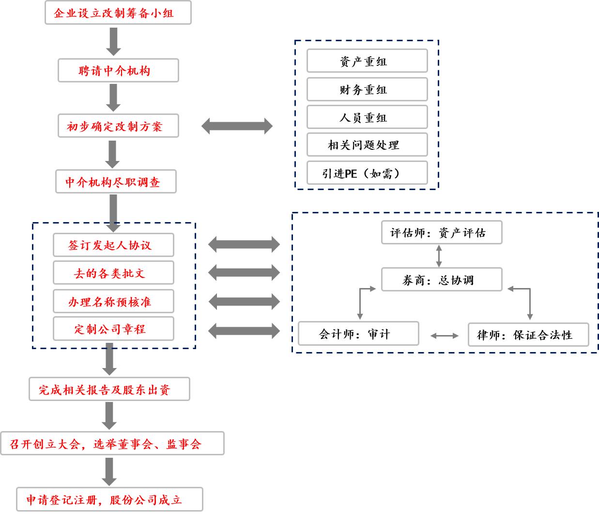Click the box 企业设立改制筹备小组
[x=118, y=13]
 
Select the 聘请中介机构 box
[x=118, y=71]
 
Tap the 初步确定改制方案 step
[x=118, y=127]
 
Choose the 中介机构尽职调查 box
[x=116, y=182]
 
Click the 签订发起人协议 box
[x=113, y=245]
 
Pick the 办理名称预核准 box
[x=113, y=302]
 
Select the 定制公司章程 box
[x=113, y=329]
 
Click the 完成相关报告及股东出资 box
[x=109, y=389]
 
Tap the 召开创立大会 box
[x=112, y=444]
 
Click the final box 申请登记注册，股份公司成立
[x=109, y=500]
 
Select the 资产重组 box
[x=367, y=62]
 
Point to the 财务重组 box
[x=367, y=90]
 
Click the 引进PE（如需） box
[x=367, y=173]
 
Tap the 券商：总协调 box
[x=441, y=280]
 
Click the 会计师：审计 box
[x=358, y=334]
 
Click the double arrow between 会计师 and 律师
[x=444, y=336]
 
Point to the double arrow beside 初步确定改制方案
[x=237, y=127]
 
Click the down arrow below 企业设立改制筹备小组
[x=114, y=41]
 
